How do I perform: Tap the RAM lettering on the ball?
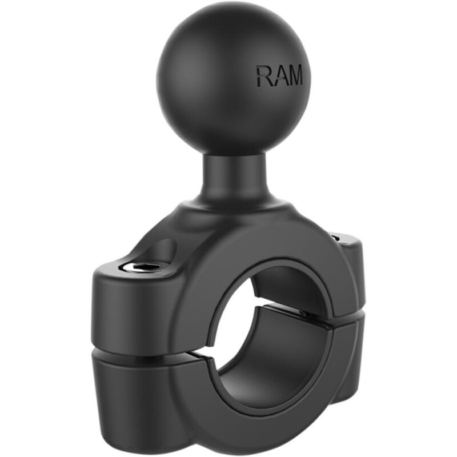point(279,75)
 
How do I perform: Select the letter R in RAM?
point(263,75)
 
